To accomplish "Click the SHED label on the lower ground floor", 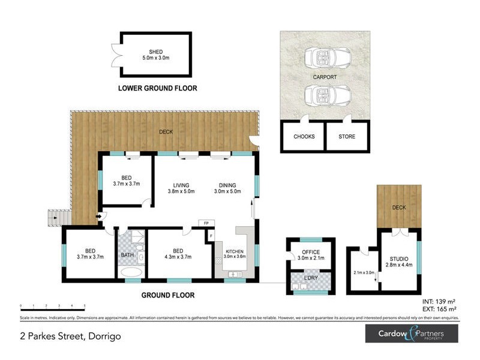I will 156,51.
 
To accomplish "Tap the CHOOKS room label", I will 304,137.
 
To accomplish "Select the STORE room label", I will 347,137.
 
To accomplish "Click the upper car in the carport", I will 324,58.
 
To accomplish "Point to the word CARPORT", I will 325,77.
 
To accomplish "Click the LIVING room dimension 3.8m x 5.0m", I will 182,192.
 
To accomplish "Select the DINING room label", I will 227,185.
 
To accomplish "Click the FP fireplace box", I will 206,223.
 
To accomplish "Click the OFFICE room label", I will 311,252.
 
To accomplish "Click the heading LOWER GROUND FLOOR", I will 157,88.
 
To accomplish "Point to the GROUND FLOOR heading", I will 168,295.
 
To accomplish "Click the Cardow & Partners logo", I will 412,334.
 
